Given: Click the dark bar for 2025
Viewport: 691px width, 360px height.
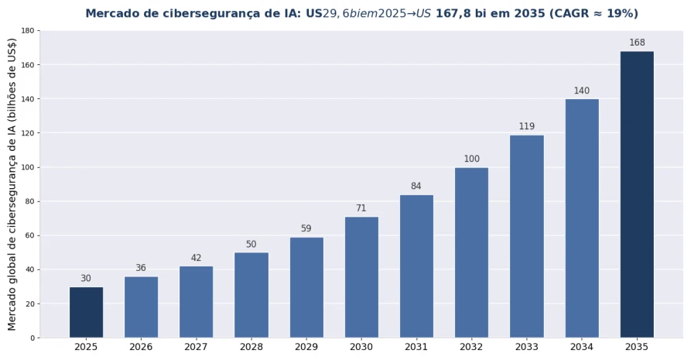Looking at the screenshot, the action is point(87,312).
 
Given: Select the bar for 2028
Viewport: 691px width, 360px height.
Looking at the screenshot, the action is point(251,295).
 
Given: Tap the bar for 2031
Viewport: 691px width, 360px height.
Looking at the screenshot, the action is point(416,266).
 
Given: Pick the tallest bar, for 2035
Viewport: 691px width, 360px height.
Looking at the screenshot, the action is point(637,194).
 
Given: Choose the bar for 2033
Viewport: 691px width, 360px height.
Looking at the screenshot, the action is point(527,236).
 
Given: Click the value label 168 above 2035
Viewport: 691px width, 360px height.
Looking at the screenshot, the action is point(637,43).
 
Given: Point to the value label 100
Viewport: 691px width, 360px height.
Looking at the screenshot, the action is point(471,159).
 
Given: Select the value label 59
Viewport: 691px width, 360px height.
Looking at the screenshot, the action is point(306,228).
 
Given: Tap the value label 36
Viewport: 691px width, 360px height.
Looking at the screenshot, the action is point(141,268).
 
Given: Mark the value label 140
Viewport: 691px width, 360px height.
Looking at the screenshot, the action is point(582,91).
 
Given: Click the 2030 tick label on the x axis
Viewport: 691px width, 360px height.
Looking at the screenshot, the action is point(361,347).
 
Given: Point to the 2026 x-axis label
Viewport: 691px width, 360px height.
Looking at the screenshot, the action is point(141,347).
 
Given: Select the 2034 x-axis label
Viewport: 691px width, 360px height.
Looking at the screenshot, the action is point(582,347).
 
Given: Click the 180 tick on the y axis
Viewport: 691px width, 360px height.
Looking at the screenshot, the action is point(28,31).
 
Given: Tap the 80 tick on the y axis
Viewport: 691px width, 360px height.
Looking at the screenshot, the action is point(30,201).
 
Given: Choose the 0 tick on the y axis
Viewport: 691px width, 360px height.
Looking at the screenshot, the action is point(32,338).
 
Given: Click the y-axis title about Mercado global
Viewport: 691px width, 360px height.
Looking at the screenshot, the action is point(12,184).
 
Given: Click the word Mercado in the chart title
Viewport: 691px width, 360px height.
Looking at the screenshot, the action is point(108,14).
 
